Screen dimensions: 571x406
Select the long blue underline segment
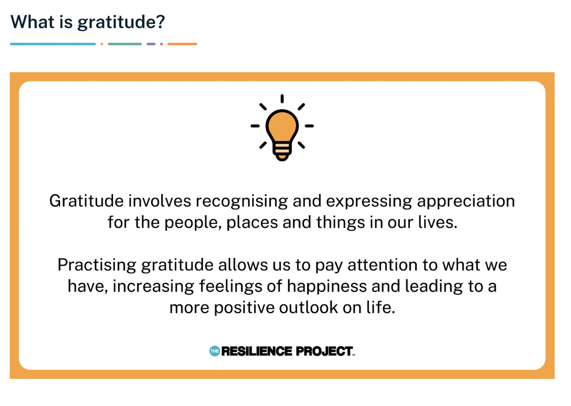[x=53, y=44]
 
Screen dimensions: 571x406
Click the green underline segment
[x=125, y=44]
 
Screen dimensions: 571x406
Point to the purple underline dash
[x=151, y=44]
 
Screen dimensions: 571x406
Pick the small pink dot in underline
[x=161, y=44]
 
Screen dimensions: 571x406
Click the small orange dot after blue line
[x=102, y=44]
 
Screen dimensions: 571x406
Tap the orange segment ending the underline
[x=182, y=44]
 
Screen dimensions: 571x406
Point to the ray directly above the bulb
[x=282, y=99]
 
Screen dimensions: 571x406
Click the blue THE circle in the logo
[x=215, y=351]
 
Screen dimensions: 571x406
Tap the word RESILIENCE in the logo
[x=256, y=351]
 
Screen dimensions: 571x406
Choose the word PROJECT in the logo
[x=325, y=351]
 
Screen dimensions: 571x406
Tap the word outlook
[x=308, y=307]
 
